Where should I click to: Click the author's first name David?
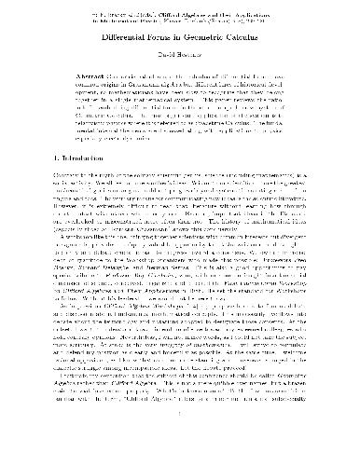163,58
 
